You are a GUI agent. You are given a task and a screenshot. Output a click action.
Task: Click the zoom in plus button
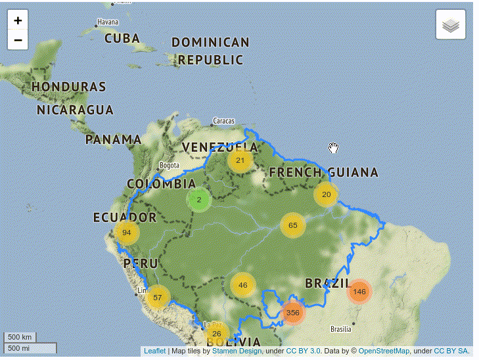[x=18, y=20]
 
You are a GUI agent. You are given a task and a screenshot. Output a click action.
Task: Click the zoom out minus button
[x=18, y=39]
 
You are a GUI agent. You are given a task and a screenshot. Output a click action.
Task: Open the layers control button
[x=450, y=25]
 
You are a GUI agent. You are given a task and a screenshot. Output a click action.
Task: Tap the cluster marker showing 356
[x=293, y=313]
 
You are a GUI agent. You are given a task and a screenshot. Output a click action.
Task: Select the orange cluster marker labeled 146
[x=359, y=291]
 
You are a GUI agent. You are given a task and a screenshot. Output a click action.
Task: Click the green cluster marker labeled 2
[x=198, y=200]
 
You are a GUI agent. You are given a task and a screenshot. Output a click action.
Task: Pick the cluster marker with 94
[x=127, y=233]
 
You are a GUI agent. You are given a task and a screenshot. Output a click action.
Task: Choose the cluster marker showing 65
[x=292, y=225]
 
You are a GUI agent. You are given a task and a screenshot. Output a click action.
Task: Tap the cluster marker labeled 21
[x=240, y=160]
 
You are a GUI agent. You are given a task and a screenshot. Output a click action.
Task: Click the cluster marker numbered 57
[x=157, y=298]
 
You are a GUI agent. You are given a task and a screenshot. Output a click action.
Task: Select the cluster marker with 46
[x=243, y=285]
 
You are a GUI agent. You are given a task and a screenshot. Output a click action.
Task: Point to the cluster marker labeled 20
[x=326, y=194]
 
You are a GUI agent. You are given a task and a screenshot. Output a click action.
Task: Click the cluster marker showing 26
[x=216, y=334]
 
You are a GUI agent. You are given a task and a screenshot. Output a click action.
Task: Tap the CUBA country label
[x=122, y=38]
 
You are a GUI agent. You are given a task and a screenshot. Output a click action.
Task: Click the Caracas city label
[x=223, y=121]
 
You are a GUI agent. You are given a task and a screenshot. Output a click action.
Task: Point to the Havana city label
[x=108, y=22]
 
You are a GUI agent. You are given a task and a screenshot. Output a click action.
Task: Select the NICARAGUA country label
[x=75, y=110]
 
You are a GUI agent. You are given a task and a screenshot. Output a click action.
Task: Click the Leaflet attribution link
[x=154, y=351]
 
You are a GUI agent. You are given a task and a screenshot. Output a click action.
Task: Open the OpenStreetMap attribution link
[x=384, y=351]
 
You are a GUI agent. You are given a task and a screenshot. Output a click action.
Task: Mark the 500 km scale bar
[x=21, y=338]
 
